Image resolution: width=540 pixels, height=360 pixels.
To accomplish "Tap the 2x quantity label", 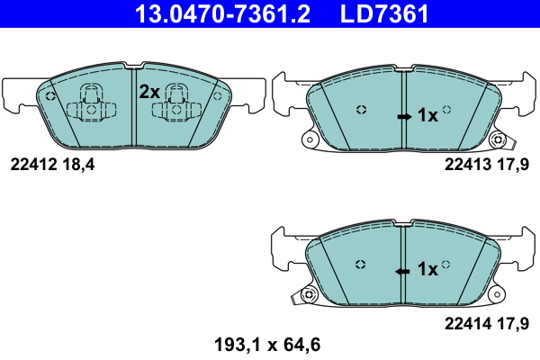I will point(148,91).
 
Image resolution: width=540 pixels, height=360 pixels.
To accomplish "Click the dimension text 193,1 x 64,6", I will point(265,343).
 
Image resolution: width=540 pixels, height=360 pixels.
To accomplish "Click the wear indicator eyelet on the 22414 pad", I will point(310,293).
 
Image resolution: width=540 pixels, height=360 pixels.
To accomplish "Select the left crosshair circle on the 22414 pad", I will point(361,264).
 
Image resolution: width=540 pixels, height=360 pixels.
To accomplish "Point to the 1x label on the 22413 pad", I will point(427,115).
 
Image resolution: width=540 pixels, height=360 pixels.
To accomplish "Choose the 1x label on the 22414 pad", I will point(427,268).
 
